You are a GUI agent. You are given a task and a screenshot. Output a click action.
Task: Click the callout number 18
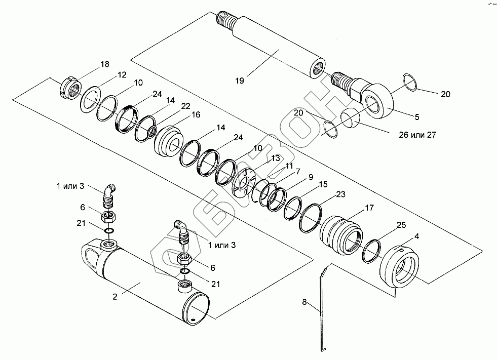[x=104, y=64]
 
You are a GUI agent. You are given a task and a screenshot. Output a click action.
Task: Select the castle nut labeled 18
[x=71, y=88]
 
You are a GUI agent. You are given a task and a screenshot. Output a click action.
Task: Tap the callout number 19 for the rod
[x=240, y=81]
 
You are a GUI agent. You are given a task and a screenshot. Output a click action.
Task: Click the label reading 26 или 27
[x=417, y=135]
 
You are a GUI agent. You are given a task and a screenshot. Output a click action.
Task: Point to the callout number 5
[x=417, y=117]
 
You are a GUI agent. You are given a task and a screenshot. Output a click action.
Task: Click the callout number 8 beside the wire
[x=304, y=302]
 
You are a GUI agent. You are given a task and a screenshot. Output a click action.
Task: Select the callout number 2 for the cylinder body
[x=114, y=297]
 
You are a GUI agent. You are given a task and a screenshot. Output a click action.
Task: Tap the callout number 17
[x=369, y=208]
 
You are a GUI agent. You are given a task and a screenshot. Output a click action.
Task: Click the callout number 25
[x=401, y=225]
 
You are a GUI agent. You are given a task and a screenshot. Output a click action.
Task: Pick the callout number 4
[x=416, y=236]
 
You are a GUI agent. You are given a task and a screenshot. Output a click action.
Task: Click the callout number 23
[x=340, y=194]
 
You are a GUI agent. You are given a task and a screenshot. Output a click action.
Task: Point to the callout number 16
[x=196, y=114]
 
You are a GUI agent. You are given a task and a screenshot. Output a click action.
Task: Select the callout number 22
[x=186, y=106]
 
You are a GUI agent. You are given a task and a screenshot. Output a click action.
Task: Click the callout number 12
[x=122, y=75]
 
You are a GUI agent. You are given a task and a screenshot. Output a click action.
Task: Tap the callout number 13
[x=276, y=158]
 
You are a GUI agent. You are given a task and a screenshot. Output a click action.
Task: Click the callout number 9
[x=311, y=177]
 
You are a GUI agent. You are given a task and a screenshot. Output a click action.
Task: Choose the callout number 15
[x=323, y=184]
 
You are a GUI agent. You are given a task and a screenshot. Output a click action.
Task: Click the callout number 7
[x=297, y=172]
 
